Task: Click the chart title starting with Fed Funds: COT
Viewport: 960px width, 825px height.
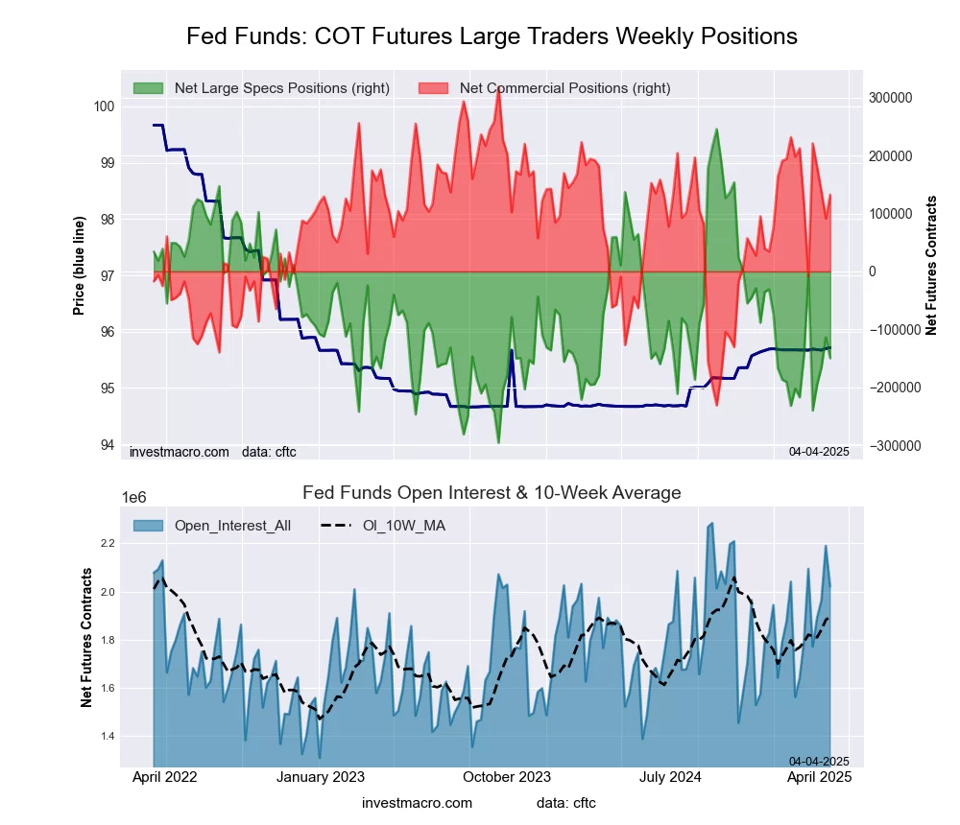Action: (492, 36)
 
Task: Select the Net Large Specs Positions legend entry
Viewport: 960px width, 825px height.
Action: (281, 88)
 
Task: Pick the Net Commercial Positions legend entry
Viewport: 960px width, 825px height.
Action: (564, 88)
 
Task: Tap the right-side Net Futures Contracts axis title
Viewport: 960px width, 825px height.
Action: (931, 265)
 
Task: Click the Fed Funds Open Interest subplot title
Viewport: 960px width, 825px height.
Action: (492, 493)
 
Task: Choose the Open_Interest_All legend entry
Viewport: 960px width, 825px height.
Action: (231, 525)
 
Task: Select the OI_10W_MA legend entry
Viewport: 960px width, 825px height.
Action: (403, 525)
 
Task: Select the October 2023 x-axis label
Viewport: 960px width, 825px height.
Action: (508, 777)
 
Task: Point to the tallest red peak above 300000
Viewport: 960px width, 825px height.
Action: (497, 88)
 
